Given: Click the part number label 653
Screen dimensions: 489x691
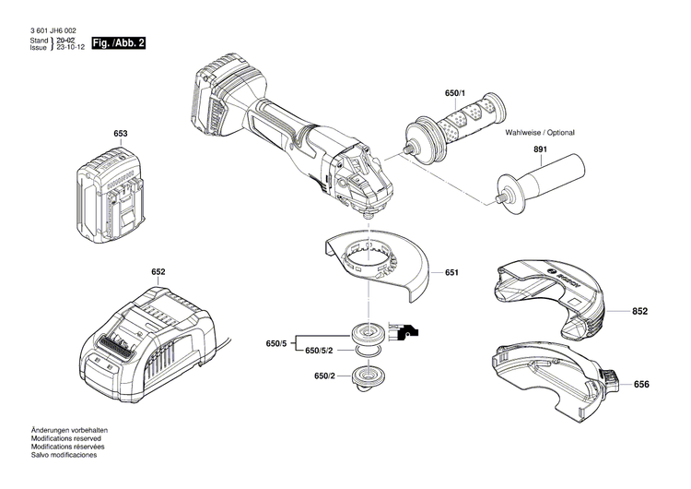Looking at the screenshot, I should tap(120, 134).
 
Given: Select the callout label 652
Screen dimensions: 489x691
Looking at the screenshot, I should tap(158, 272).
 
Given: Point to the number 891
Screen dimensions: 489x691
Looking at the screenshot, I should tap(538, 151).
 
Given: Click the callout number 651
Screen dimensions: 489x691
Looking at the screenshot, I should tap(451, 273).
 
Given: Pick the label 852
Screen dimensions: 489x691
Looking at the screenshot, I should tap(640, 312).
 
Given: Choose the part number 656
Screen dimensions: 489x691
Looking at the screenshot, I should tap(640, 384).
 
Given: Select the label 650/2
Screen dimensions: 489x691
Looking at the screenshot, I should tap(322, 377).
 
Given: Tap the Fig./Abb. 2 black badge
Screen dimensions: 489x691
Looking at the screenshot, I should tap(118, 43).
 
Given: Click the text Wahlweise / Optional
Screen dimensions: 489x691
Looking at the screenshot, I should tap(539, 133).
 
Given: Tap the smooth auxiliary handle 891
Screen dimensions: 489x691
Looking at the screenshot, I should tap(544, 179).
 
